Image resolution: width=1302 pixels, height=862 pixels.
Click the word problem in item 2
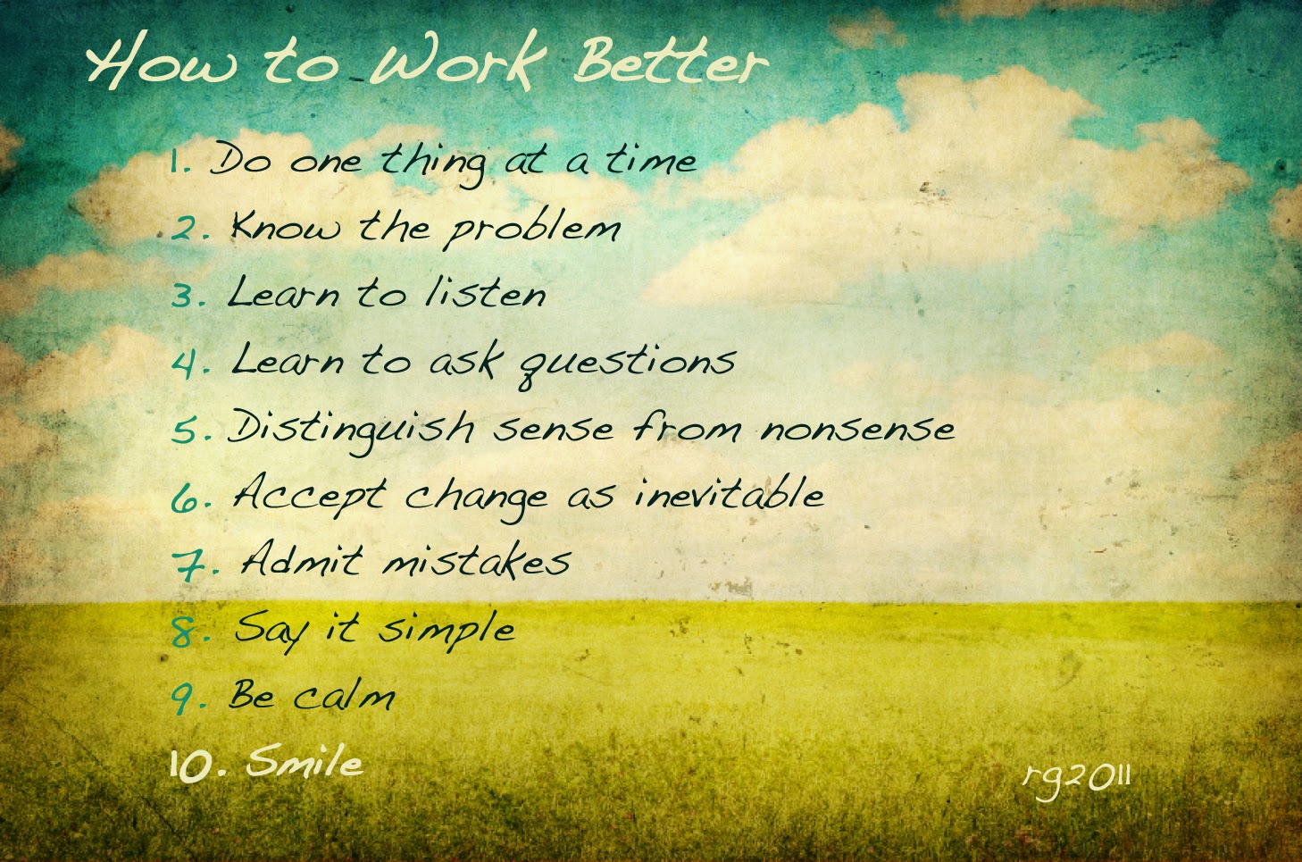click(532, 229)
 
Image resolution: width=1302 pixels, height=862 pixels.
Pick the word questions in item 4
click(627, 363)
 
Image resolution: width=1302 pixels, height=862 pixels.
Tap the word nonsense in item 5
click(857, 429)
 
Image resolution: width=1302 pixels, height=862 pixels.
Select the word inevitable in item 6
click(729, 494)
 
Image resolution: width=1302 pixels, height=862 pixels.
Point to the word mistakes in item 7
click(477, 561)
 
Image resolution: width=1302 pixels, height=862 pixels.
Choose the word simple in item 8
click(447, 629)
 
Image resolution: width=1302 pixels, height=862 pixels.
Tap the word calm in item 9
click(344, 695)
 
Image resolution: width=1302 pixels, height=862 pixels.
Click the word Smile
click(305, 762)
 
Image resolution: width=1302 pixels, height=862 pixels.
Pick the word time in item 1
click(650, 161)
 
